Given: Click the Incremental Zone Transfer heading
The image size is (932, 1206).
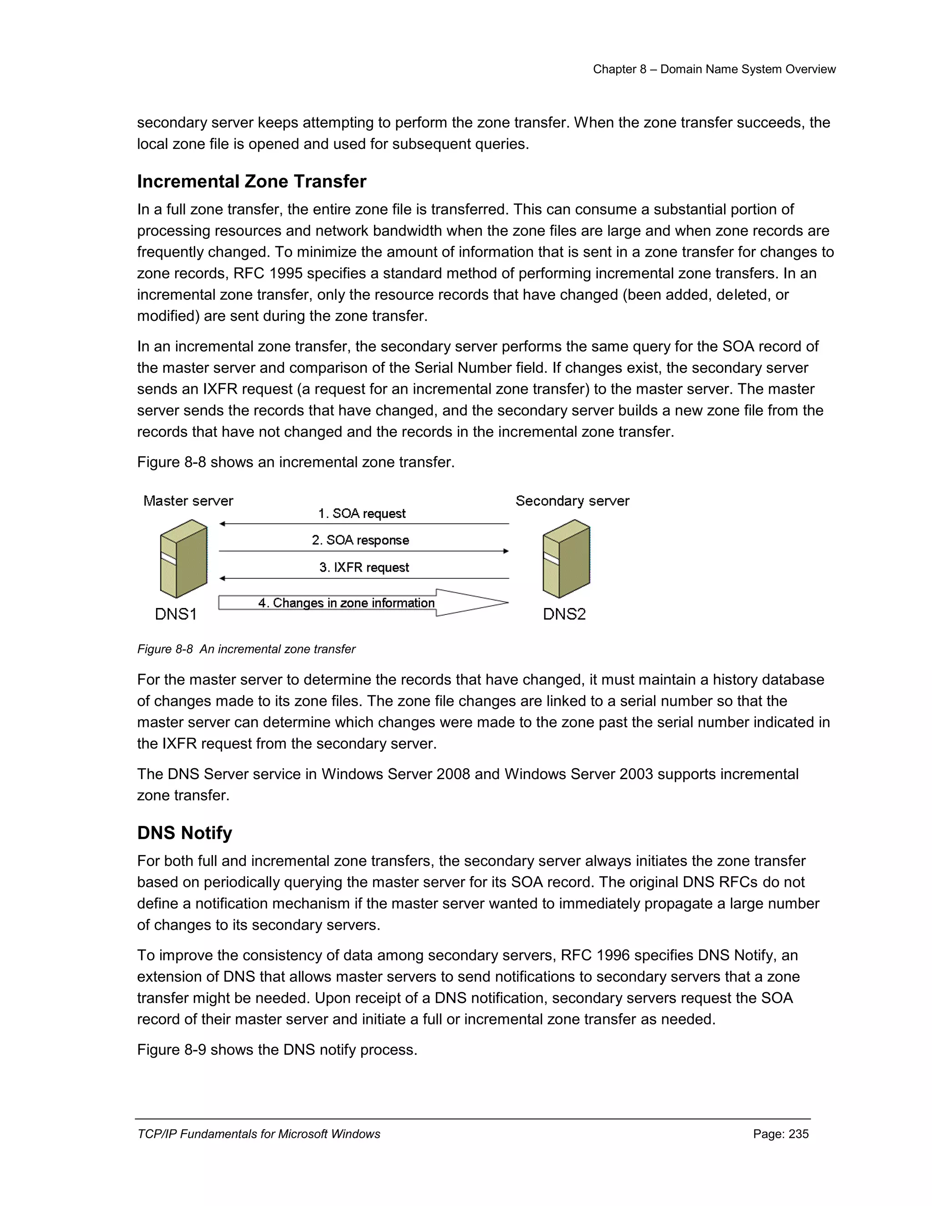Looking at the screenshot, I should click(251, 181).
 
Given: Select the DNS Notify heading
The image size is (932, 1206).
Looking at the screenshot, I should click(184, 832).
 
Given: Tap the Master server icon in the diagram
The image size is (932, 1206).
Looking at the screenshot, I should click(183, 558).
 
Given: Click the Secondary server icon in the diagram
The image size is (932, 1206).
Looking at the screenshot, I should click(566, 558).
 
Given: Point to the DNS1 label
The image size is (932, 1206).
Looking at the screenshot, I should click(176, 614).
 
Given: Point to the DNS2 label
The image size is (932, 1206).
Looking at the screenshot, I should click(564, 614).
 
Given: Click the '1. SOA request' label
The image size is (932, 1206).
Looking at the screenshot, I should click(362, 513).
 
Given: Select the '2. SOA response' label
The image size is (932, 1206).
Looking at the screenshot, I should click(360, 540).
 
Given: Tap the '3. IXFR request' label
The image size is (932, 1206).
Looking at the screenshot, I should click(364, 568).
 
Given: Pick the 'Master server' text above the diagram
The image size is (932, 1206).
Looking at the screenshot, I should click(188, 501).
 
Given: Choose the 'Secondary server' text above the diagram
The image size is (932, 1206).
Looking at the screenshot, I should click(572, 501).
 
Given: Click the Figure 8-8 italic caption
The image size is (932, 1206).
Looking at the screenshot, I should click(246, 649).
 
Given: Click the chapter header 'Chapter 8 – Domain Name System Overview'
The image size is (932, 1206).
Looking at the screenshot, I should click(714, 69).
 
